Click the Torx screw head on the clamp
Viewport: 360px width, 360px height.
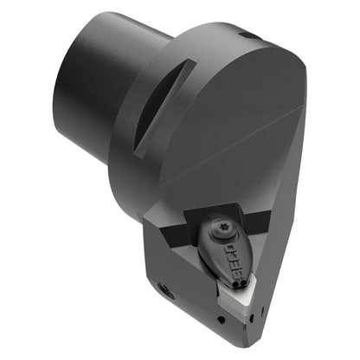click(x=223, y=230)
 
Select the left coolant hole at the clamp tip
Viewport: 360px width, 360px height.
click(x=237, y=286)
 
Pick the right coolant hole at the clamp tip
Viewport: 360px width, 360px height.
click(x=243, y=284)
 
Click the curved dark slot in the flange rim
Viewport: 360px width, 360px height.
click(x=163, y=106)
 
